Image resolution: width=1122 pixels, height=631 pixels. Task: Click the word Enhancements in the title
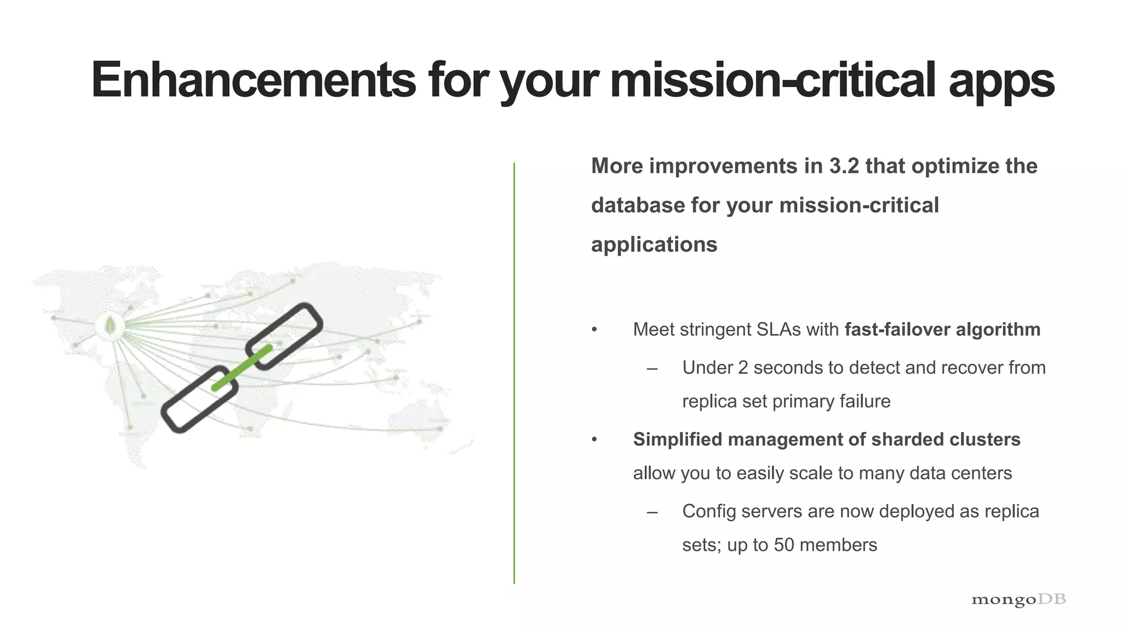pyautogui.click(x=253, y=80)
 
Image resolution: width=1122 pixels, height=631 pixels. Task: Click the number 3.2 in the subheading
pyautogui.click(x=844, y=166)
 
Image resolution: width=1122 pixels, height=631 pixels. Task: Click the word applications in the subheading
pyautogui.click(x=654, y=245)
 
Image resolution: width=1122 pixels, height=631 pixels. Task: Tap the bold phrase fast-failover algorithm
pyautogui.click(x=942, y=330)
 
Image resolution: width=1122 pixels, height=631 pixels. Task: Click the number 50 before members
pyautogui.click(x=784, y=545)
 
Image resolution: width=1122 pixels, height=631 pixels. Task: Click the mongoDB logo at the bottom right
pyautogui.click(x=1018, y=600)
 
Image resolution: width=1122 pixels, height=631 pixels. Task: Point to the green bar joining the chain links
pyautogui.click(x=242, y=368)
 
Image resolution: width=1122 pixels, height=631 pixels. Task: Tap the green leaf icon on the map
pyautogui.click(x=110, y=326)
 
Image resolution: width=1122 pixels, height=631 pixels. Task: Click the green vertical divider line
pyautogui.click(x=514, y=372)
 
